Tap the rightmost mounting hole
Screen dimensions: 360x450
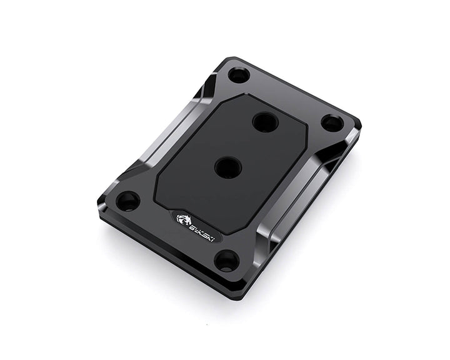coord(332,122)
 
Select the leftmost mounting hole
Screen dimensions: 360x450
coord(127,201)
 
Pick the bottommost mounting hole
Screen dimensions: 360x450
coord(226,260)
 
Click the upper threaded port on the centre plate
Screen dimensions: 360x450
coord(265,121)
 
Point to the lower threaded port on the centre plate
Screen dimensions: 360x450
coord(227,167)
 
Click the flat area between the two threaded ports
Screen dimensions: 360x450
coord(246,144)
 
